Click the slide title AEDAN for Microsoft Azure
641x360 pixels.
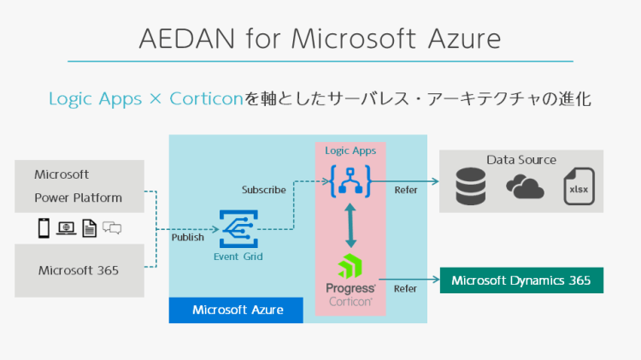[320, 38]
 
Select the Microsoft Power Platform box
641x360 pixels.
[79, 186]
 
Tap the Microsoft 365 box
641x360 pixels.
[79, 270]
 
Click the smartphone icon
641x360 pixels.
[43, 227]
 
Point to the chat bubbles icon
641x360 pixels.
[112, 227]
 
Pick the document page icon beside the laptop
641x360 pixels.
[89, 227]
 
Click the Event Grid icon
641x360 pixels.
[237, 228]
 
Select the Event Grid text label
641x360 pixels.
[238, 256]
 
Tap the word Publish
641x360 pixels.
[188, 238]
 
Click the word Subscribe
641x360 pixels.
[263, 190]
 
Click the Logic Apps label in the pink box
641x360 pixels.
[350, 150]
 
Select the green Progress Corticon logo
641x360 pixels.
[350, 267]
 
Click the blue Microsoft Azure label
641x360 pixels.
[237, 310]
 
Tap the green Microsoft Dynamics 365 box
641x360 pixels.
[521, 280]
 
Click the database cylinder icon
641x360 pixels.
[471, 186]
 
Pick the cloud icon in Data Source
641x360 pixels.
[524, 187]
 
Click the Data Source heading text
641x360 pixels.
[521, 160]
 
